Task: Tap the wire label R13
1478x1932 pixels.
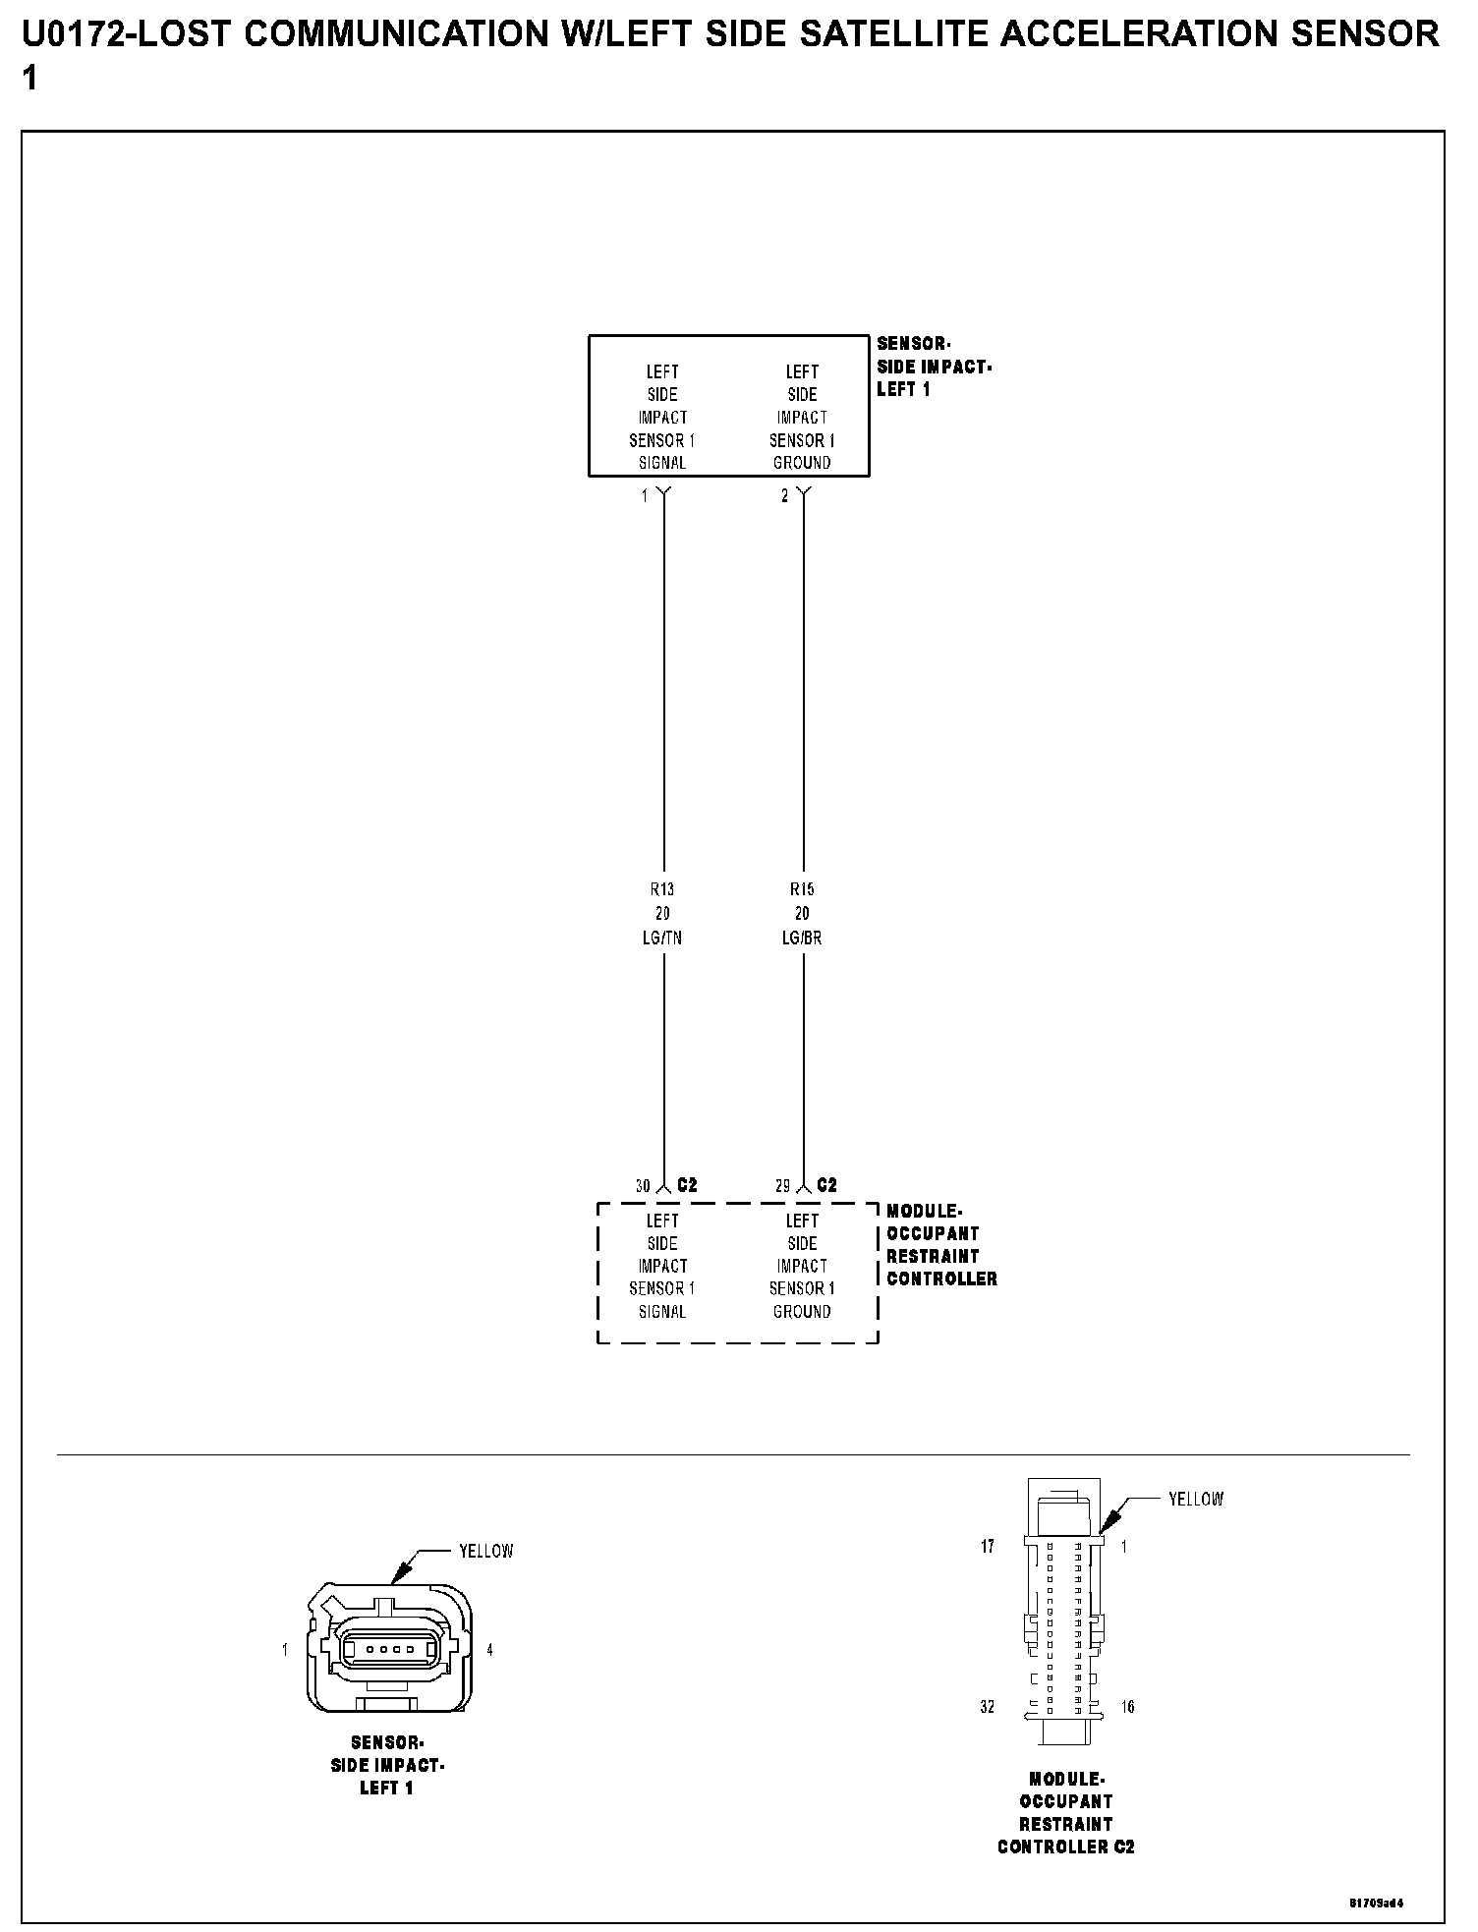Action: [662, 889]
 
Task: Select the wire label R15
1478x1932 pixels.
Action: [802, 889]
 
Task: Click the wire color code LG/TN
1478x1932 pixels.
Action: [662, 938]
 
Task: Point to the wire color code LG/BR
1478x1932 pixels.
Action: [802, 938]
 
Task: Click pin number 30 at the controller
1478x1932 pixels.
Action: [643, 1186]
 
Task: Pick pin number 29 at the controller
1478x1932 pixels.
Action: [782, 1186]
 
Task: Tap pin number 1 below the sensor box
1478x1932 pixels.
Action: [645, 496]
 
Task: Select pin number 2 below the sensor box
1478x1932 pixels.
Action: [784, 496]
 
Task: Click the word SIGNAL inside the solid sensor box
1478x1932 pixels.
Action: [662, 463]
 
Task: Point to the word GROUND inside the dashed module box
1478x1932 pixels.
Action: [802, 1312]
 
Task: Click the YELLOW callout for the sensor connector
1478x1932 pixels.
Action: [486, 1552]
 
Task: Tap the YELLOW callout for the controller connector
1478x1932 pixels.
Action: [1196, 1500]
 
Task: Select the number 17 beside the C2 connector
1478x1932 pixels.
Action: [988, 1547]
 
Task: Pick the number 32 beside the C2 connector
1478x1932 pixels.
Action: [988, 1707]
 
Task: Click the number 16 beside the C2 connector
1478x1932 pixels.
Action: [1128, 1707]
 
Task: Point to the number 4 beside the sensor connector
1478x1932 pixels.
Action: [489, 1649]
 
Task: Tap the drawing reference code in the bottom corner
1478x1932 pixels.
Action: [1376, 1902]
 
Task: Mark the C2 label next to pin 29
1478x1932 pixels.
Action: [827, 1185]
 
